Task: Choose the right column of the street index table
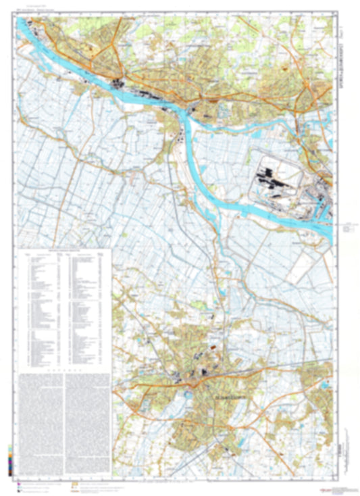(88, 307)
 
